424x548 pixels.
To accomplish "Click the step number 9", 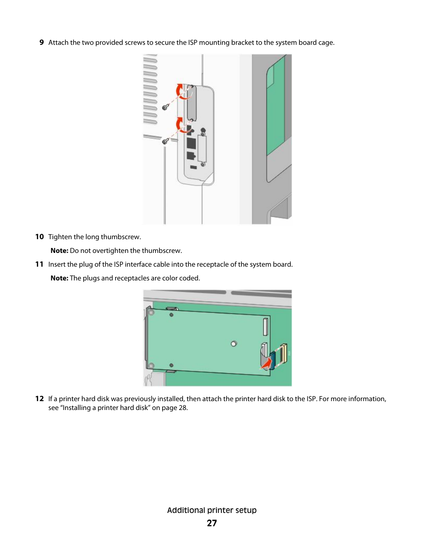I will (x=41, y=43).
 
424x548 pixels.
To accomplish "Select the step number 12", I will (x=40, y=399).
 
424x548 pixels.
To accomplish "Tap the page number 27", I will (x=212, y=523).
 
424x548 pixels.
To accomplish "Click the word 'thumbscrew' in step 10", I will (x=120, y=237).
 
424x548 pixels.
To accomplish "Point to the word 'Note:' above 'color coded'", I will (x=59, y=278).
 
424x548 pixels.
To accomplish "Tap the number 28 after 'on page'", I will (x=182, y=408).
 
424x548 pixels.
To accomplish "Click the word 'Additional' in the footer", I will (x=186, y=510).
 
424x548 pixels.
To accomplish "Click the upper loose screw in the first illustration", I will (x=165, y=107).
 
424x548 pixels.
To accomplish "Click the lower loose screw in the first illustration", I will (x=165, y=141).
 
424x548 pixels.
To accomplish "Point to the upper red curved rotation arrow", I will (x=181, y=92).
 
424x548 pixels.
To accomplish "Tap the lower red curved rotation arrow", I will (x=181, y=125).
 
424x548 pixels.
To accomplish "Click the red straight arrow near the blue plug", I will (x=266, y=363).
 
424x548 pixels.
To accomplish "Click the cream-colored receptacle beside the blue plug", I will (x=283, y=354).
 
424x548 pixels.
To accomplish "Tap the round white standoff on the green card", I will (x=234, y=343).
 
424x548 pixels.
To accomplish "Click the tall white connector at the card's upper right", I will (x=265, y=327).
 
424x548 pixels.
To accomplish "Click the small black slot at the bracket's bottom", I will (x=193, y=167).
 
